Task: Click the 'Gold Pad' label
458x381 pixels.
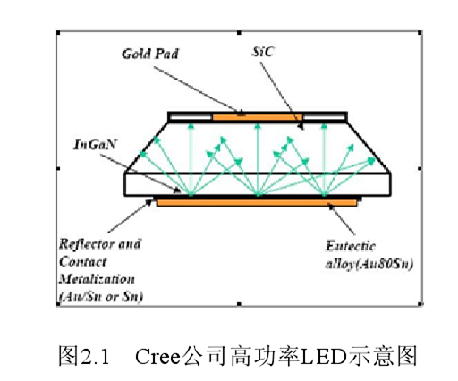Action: (x=149, y=55)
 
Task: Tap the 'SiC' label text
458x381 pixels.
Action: (x=264, y=55)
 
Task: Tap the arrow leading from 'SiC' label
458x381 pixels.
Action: (x=287, y=98)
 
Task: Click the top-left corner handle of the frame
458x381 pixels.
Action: (x=58, y=34)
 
